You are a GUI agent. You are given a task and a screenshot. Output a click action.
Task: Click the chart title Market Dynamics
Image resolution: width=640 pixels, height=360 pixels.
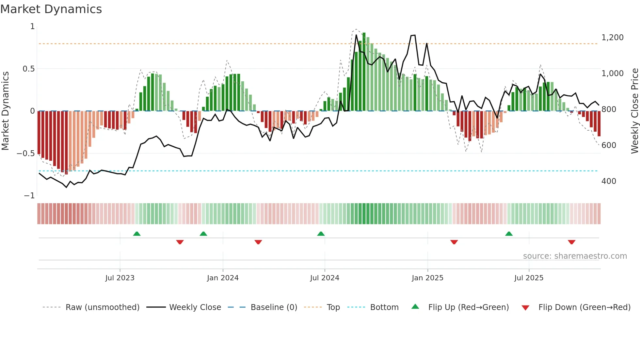(x=51, y=9)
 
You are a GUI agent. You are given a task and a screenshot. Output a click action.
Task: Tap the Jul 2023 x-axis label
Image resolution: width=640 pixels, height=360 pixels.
(x=120, y=278)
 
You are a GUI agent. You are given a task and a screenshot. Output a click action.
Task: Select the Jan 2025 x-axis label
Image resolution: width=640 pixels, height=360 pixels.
(x=427, y=278)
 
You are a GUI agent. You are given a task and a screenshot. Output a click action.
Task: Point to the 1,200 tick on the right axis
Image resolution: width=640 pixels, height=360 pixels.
(x=612, y=38)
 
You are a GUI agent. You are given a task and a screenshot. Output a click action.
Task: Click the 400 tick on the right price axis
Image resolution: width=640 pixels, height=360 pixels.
(x=609, y=181)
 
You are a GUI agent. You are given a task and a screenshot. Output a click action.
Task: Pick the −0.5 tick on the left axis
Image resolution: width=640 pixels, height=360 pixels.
(x=25, y=154)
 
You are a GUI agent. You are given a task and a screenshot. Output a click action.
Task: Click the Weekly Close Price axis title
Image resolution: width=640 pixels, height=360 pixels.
(x=634, y=111)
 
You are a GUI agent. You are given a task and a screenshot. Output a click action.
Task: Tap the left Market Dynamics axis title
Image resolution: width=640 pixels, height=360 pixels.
(x=5, y=111)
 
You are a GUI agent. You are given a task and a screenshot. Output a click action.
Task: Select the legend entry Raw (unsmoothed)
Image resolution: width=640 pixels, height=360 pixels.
(x=102, y=307)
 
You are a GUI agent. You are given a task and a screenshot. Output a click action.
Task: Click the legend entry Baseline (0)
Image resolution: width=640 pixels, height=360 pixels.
(x=274, y=307)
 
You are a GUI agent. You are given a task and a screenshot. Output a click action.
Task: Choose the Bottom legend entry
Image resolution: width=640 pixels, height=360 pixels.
(x=384, y=307)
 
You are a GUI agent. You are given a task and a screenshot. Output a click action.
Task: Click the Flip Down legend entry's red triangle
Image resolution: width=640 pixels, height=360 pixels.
(x=525, y=308)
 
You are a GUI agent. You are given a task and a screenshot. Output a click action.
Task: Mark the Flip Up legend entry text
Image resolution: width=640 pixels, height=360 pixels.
(x=468, y=307)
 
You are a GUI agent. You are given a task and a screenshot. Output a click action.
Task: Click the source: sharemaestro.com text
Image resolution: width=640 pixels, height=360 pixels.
(x=575, y=256)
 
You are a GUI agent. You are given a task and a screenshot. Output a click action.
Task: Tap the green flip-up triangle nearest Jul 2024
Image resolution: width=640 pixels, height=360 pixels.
(x=321, y=234)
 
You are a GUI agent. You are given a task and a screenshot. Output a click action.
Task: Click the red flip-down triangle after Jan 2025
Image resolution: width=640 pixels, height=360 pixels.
(x=454, y=242)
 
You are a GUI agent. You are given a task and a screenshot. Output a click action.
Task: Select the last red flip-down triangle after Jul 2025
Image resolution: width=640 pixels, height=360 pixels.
(x=571, y=242)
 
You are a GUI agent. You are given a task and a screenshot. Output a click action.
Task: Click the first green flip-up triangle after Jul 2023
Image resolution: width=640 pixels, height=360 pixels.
(x=137, y=234)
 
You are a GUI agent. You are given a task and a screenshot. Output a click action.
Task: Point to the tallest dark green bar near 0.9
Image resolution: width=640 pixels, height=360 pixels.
(x=364, y=72)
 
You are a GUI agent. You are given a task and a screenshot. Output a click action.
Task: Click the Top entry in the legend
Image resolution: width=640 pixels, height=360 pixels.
(x=333, y=307)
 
